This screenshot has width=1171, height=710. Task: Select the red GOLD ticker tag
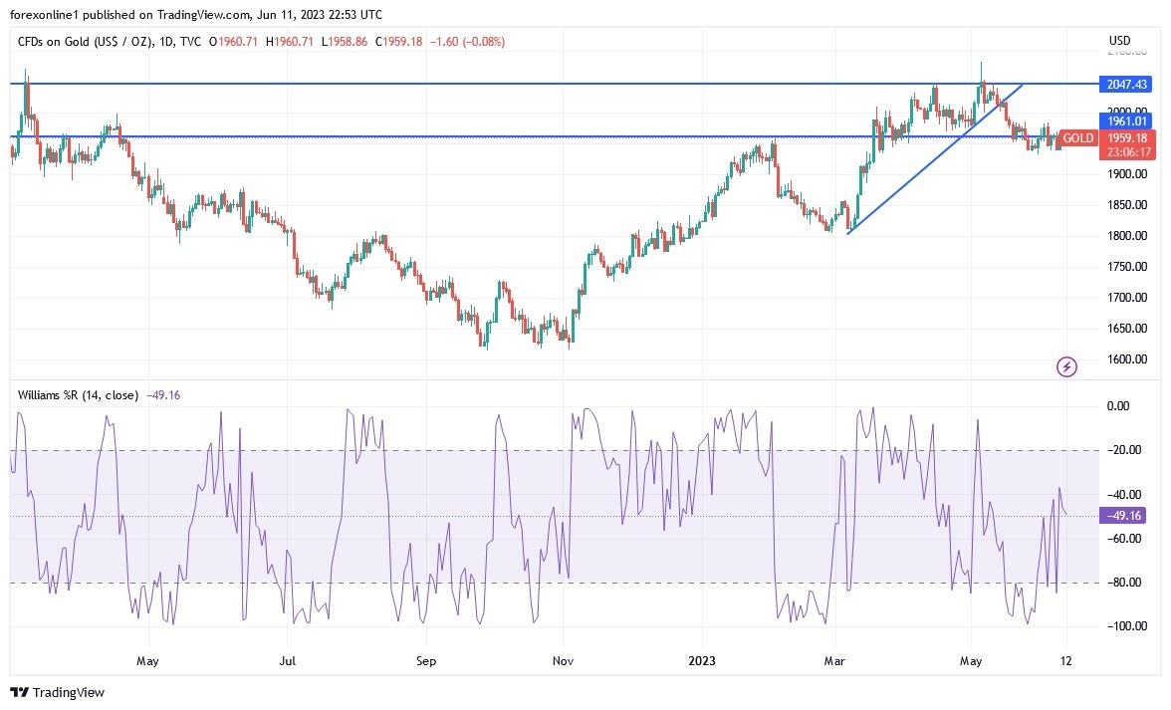click(x=1077, y=138)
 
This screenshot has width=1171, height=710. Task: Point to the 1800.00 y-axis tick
click(x=1126, y=236)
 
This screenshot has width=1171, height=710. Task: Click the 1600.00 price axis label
click(x=1126, y=359)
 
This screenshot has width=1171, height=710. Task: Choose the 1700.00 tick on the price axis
click(x=1126, y=298)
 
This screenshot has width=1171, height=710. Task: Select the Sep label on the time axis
click(x=426, y=660)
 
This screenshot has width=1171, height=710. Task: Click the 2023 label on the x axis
click(x=701, y=660)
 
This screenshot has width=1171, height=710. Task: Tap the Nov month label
click(x=563, y=660)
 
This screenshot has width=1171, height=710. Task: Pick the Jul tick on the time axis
click(x=288, y=660)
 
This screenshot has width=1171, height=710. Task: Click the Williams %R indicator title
click(x=79, y=395)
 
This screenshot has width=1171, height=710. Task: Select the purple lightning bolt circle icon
click(x=1066, y=367)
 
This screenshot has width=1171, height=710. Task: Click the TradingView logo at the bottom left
click(x=57, y=693)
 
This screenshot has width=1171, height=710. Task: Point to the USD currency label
click(x=1119, y=41)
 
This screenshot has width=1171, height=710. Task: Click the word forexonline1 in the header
click(x=43, y=15)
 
